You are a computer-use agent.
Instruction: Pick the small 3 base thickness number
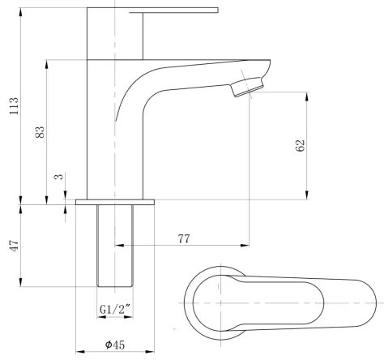point(58,176)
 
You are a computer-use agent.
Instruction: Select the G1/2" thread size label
point(114,309)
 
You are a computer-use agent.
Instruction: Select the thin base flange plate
point(114,199)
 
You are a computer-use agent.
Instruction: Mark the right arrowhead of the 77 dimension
point(246,243)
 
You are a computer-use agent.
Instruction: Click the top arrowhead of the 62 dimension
point(306,96)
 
